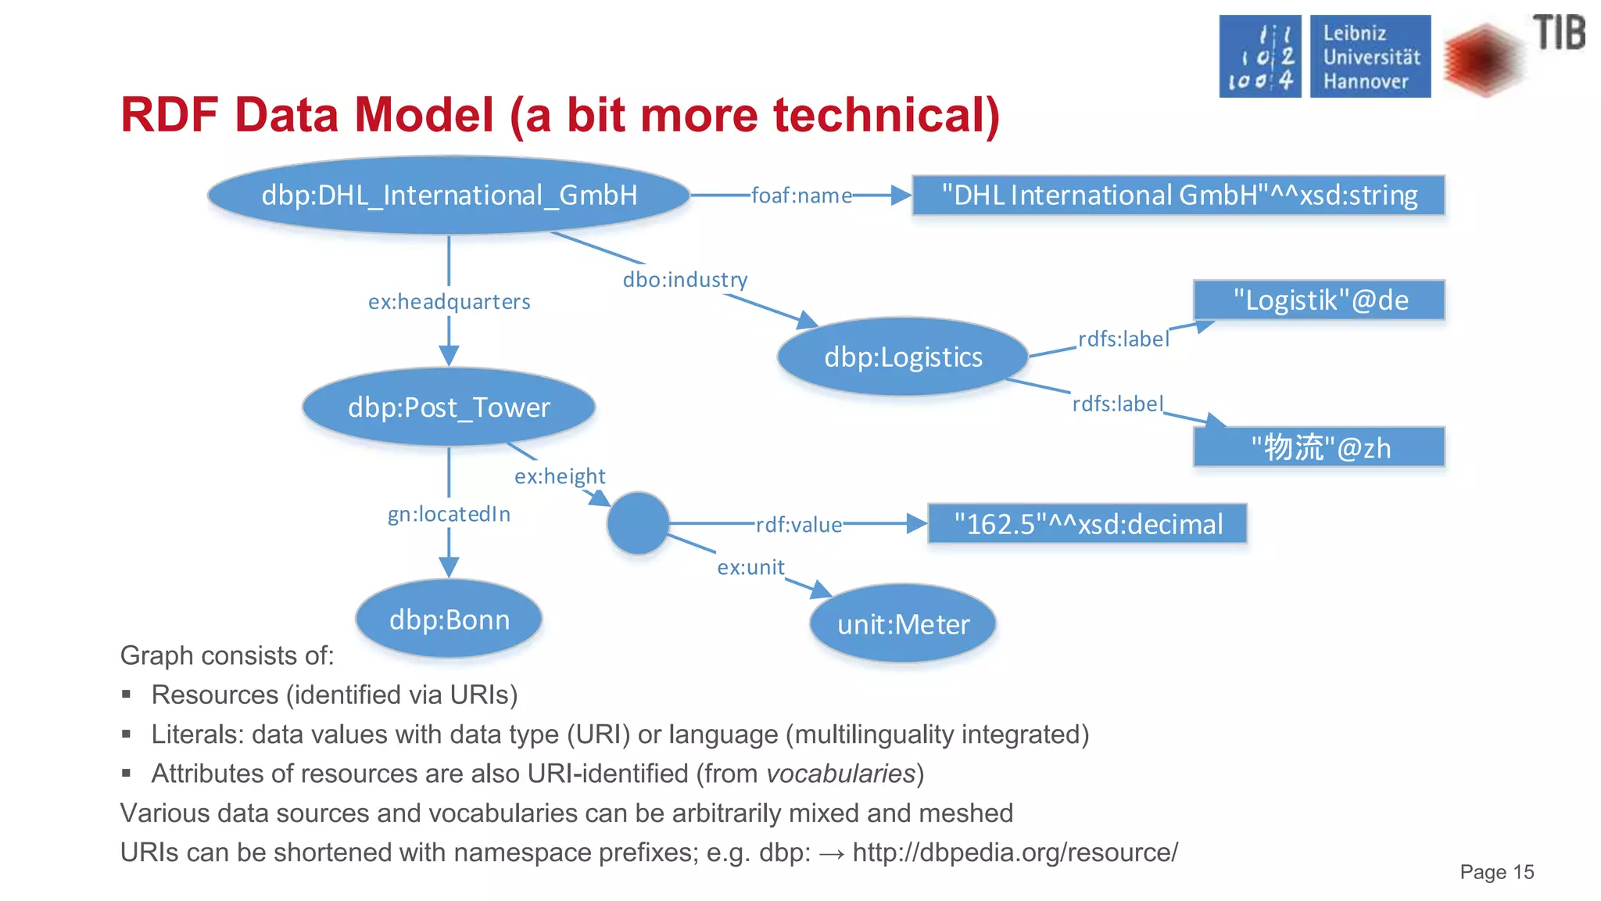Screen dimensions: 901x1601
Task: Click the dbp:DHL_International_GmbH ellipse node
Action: pos(449,195)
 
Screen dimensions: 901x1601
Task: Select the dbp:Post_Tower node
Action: pos(449,407)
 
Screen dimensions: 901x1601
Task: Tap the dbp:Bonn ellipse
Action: pos(449,619)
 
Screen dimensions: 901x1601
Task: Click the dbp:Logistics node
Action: pos(903,357)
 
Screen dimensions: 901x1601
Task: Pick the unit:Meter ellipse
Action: pos(903,624)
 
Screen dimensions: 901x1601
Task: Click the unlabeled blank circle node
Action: pos(638,523)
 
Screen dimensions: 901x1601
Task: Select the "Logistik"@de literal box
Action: pos(1320,300)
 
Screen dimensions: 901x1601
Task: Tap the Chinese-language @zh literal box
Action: pos(1320,447)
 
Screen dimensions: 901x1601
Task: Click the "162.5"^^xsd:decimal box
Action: pos(1087,524)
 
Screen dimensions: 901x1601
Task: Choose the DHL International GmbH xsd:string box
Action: pos(1179,195)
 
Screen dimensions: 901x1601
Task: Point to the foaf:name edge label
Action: pos(801,196)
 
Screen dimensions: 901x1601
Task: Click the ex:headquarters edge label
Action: pos(449,302)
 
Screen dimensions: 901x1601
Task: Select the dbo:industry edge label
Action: pos(685,280)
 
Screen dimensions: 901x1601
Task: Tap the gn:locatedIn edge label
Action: pos(449,514)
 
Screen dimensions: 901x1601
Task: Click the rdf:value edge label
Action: pos(799,525)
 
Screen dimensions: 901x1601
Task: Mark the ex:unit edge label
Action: pos(750,567)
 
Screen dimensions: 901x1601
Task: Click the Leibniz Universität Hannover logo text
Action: pos(1370,56)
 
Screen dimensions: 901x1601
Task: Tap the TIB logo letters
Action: pos(1559,33)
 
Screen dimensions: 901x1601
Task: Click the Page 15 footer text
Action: pos(1496,872)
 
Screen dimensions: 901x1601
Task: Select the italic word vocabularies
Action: pos(840,774)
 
